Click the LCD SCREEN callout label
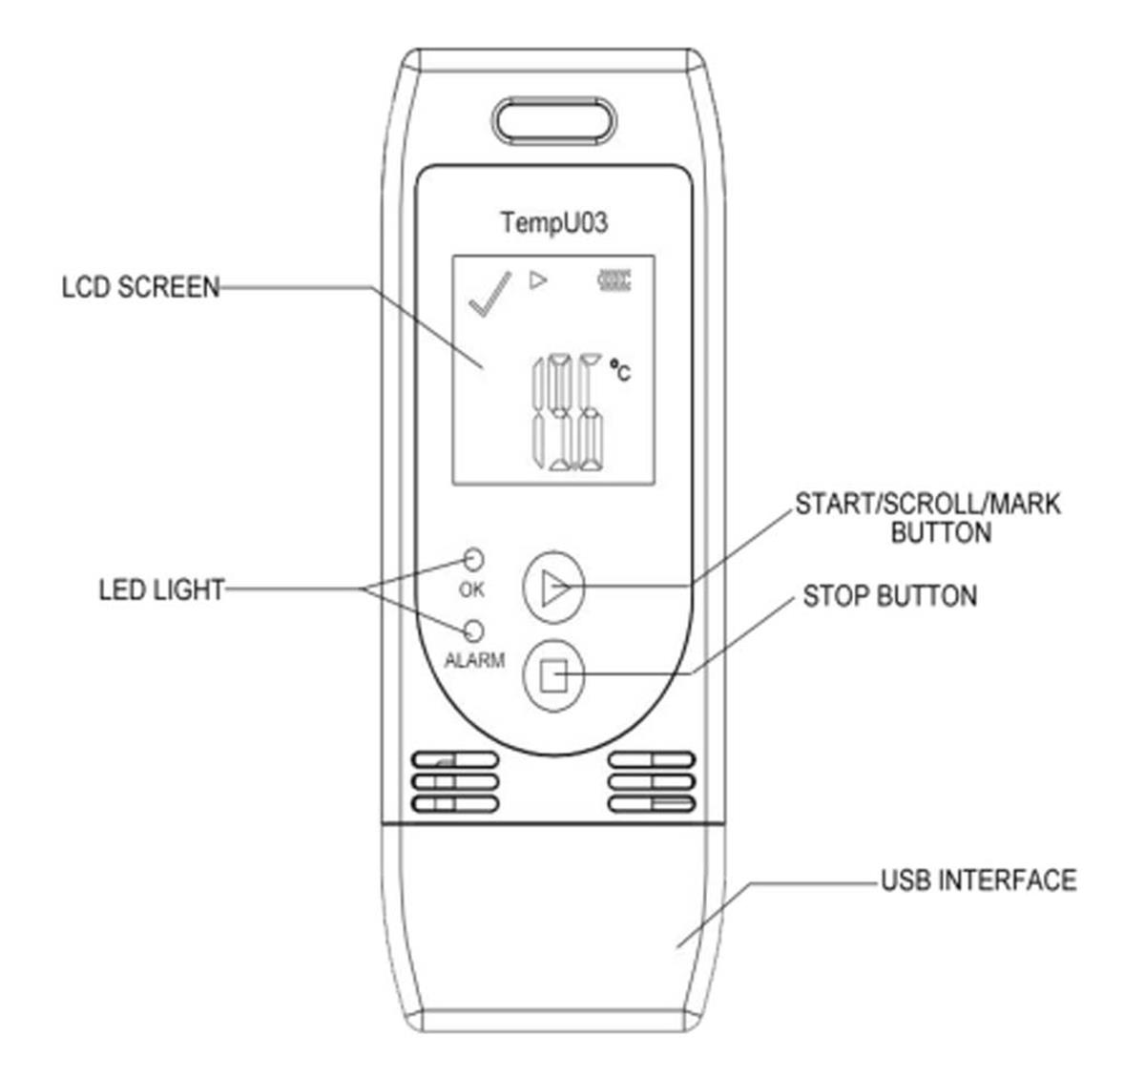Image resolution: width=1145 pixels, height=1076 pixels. [140, 287]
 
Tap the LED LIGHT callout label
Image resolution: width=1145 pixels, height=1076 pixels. [161, 590]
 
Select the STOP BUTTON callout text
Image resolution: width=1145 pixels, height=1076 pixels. [889, 596]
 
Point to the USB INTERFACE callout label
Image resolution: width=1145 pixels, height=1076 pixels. [978, 880]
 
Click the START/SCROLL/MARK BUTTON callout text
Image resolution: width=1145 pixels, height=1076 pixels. [928, 518]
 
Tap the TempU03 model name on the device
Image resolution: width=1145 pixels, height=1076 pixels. [554, 222]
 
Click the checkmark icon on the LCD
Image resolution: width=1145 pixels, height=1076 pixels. [489, 294]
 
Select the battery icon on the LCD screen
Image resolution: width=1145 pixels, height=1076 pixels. [614, 280]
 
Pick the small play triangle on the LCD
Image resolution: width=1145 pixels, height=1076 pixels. [537, 280]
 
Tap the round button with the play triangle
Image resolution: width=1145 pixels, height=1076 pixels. [553, 588]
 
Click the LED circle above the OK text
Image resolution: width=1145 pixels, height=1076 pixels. [474, 559]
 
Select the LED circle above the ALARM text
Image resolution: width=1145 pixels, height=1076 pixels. [474, 631]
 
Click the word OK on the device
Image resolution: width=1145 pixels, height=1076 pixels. [471, 590]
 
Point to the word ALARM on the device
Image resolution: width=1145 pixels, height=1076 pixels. [474, 660]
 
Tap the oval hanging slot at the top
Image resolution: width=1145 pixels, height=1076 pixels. [553, 120]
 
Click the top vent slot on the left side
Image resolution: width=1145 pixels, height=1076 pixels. [455, 759]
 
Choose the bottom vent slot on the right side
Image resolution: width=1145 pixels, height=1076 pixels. [652, 803]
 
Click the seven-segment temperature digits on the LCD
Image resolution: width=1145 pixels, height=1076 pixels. [569, 412]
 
